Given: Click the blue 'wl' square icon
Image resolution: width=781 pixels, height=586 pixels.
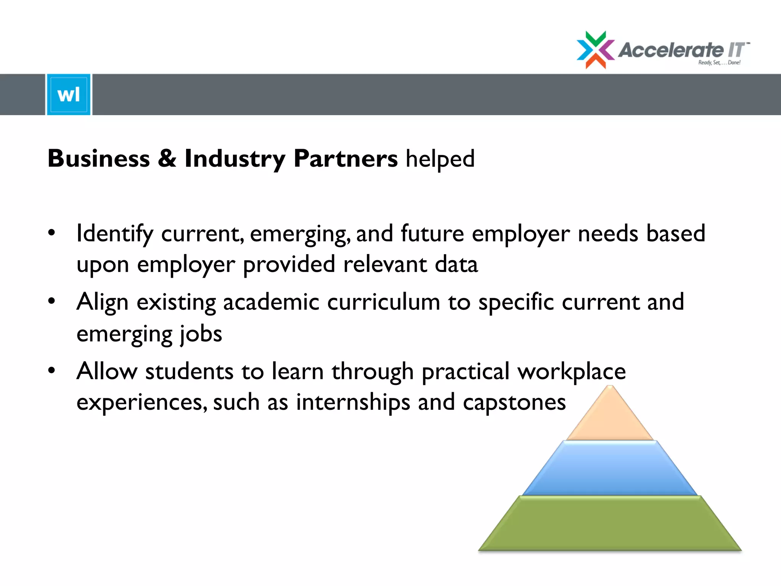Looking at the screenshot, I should coord(69,95).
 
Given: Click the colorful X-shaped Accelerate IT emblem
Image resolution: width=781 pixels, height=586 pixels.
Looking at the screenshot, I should coord(595,50).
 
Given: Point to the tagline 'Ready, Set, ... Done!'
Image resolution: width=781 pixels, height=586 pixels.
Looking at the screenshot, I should coord(719,63).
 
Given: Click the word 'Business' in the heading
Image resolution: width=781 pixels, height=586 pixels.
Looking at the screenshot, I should coord(99,158).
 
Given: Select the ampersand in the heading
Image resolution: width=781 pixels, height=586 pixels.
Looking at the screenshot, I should coord(167,158).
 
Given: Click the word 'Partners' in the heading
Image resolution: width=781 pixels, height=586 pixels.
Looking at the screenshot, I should coord(346,158).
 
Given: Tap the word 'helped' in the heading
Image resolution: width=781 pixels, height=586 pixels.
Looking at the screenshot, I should coord(440,159).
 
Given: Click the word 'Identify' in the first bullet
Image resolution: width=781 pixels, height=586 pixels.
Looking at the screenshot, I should coord(114,234).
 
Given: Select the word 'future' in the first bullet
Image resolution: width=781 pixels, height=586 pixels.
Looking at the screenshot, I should coord(432,233).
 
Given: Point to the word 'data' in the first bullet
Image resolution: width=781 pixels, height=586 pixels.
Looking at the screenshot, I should coord(456,264).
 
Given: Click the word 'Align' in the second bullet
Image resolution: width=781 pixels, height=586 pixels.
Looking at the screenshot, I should coord(102,303).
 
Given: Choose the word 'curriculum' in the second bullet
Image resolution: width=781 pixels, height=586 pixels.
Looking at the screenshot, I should coord(383,302).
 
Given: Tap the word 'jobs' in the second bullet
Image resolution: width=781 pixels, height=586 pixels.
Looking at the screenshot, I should coord(201,334).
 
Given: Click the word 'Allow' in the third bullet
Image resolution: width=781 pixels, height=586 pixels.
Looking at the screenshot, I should coord(107,371).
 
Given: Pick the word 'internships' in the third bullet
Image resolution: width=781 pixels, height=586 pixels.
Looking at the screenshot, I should coord(353,402).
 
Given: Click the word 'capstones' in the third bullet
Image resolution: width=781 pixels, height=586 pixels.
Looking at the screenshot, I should coord(514,402).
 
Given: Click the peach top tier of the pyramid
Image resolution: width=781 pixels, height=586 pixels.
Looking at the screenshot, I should coord(610,418).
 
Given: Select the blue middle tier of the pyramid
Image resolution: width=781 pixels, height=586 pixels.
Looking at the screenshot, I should coord(610,468).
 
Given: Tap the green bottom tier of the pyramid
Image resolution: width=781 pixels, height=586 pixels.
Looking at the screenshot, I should coord(610,523).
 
